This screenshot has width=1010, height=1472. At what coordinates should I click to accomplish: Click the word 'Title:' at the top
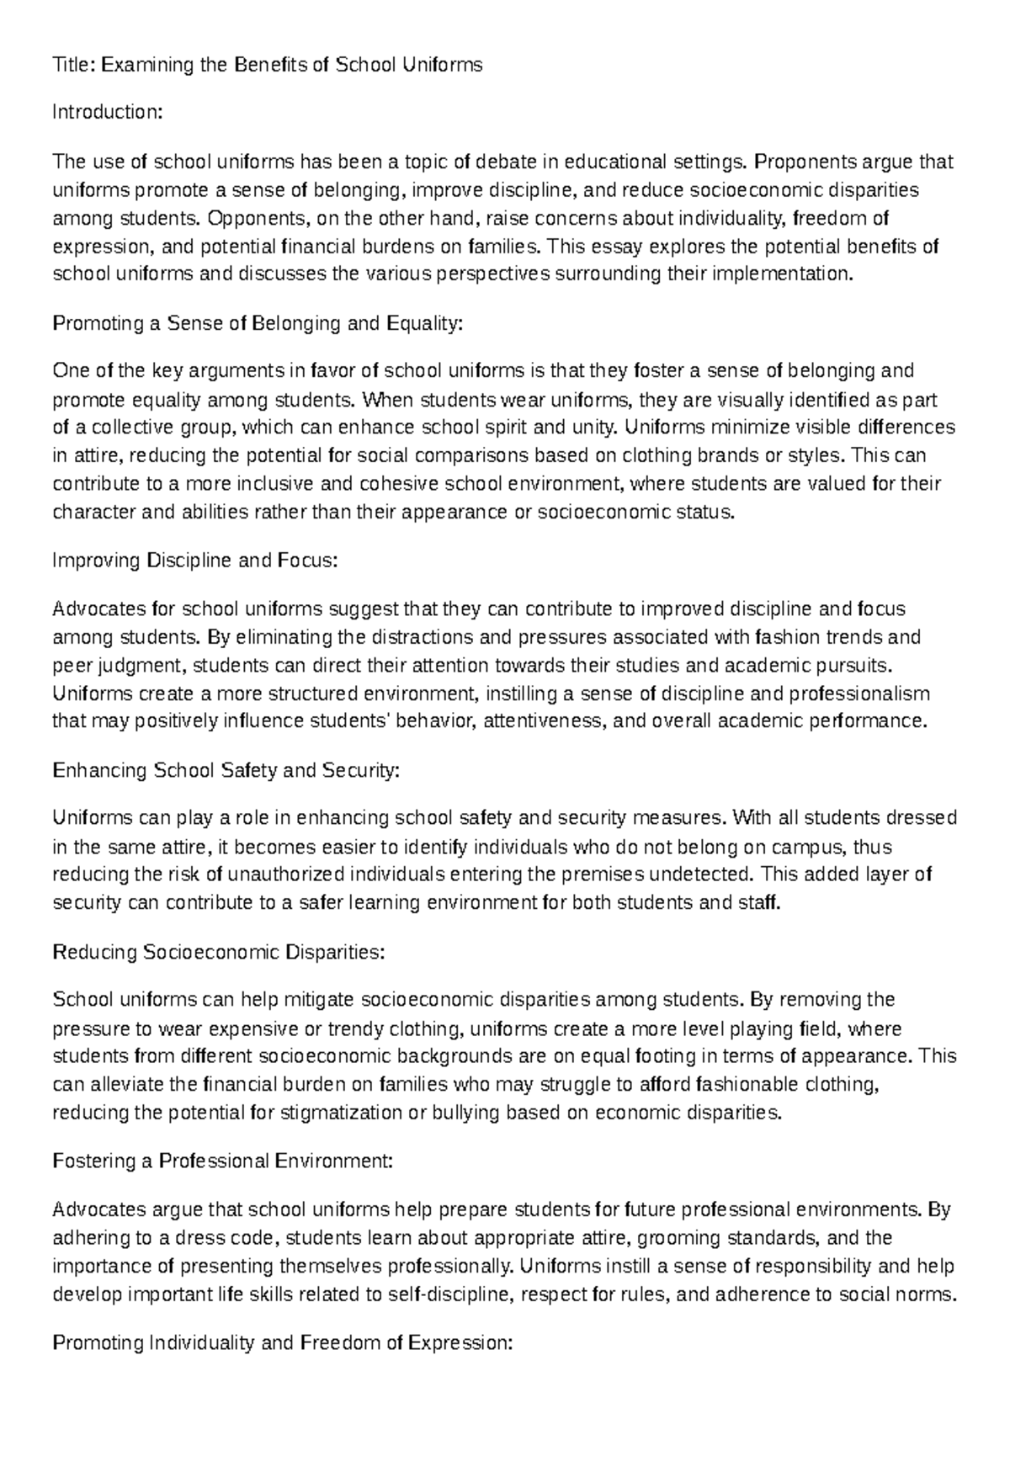pyautogui.click(x=74, y=65)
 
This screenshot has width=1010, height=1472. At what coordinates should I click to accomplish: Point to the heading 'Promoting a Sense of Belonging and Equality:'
pyautogui.click(x=258, y=323)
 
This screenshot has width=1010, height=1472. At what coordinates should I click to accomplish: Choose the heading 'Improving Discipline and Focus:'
pyautogui.click(x=194, y=561)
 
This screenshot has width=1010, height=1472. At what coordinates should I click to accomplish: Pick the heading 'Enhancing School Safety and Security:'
pyautogui.click(x=226, y=770)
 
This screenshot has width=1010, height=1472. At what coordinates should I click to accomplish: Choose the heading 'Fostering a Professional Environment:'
pyautogui.click(x=222, y=1161)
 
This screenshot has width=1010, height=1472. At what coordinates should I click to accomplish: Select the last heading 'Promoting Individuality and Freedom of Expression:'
pyautogui.click(x=282, y=1343)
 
